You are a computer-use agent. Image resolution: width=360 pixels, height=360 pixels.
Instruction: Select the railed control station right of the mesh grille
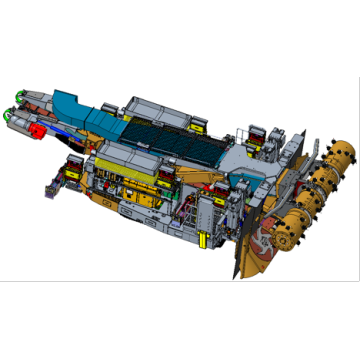[250, 134]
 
